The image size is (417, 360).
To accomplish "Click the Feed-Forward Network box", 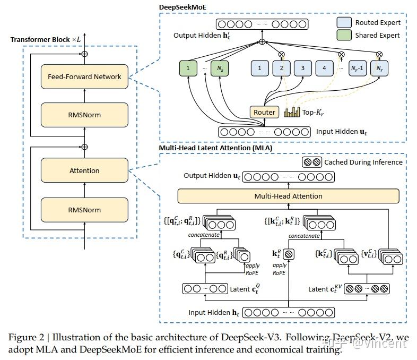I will pos(84,76).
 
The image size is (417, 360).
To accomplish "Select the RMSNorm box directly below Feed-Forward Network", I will pos(84,115).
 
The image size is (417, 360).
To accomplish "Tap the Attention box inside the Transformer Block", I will pos(84,171).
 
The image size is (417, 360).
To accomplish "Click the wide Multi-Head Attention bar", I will pos(288,196).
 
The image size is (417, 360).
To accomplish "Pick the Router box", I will pos(264,112).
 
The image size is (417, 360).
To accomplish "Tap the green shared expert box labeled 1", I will pos(187,68).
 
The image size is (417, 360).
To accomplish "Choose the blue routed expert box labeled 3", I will pos(302,68).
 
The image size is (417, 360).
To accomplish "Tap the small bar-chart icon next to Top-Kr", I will pos(292,112).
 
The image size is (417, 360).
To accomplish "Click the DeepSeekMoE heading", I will pos(183,7).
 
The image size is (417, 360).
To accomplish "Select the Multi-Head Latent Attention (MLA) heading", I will pos(216,148).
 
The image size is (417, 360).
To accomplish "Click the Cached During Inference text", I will pos(363,162).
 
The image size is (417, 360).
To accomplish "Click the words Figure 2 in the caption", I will pos(26,337).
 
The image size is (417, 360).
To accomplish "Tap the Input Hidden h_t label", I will pos(213,313).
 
